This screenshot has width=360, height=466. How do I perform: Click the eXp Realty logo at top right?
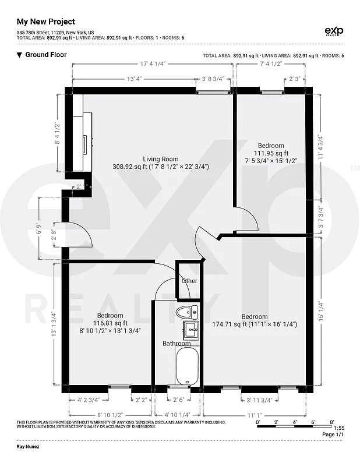333,31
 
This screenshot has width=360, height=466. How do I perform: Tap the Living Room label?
161,159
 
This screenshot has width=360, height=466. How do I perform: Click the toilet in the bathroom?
188,311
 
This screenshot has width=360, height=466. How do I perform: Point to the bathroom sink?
190,330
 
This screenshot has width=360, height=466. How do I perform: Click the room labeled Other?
189,281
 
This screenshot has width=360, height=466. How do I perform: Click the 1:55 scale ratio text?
340,428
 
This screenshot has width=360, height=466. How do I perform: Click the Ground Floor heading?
46,55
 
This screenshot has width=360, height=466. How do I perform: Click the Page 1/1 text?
333,435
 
